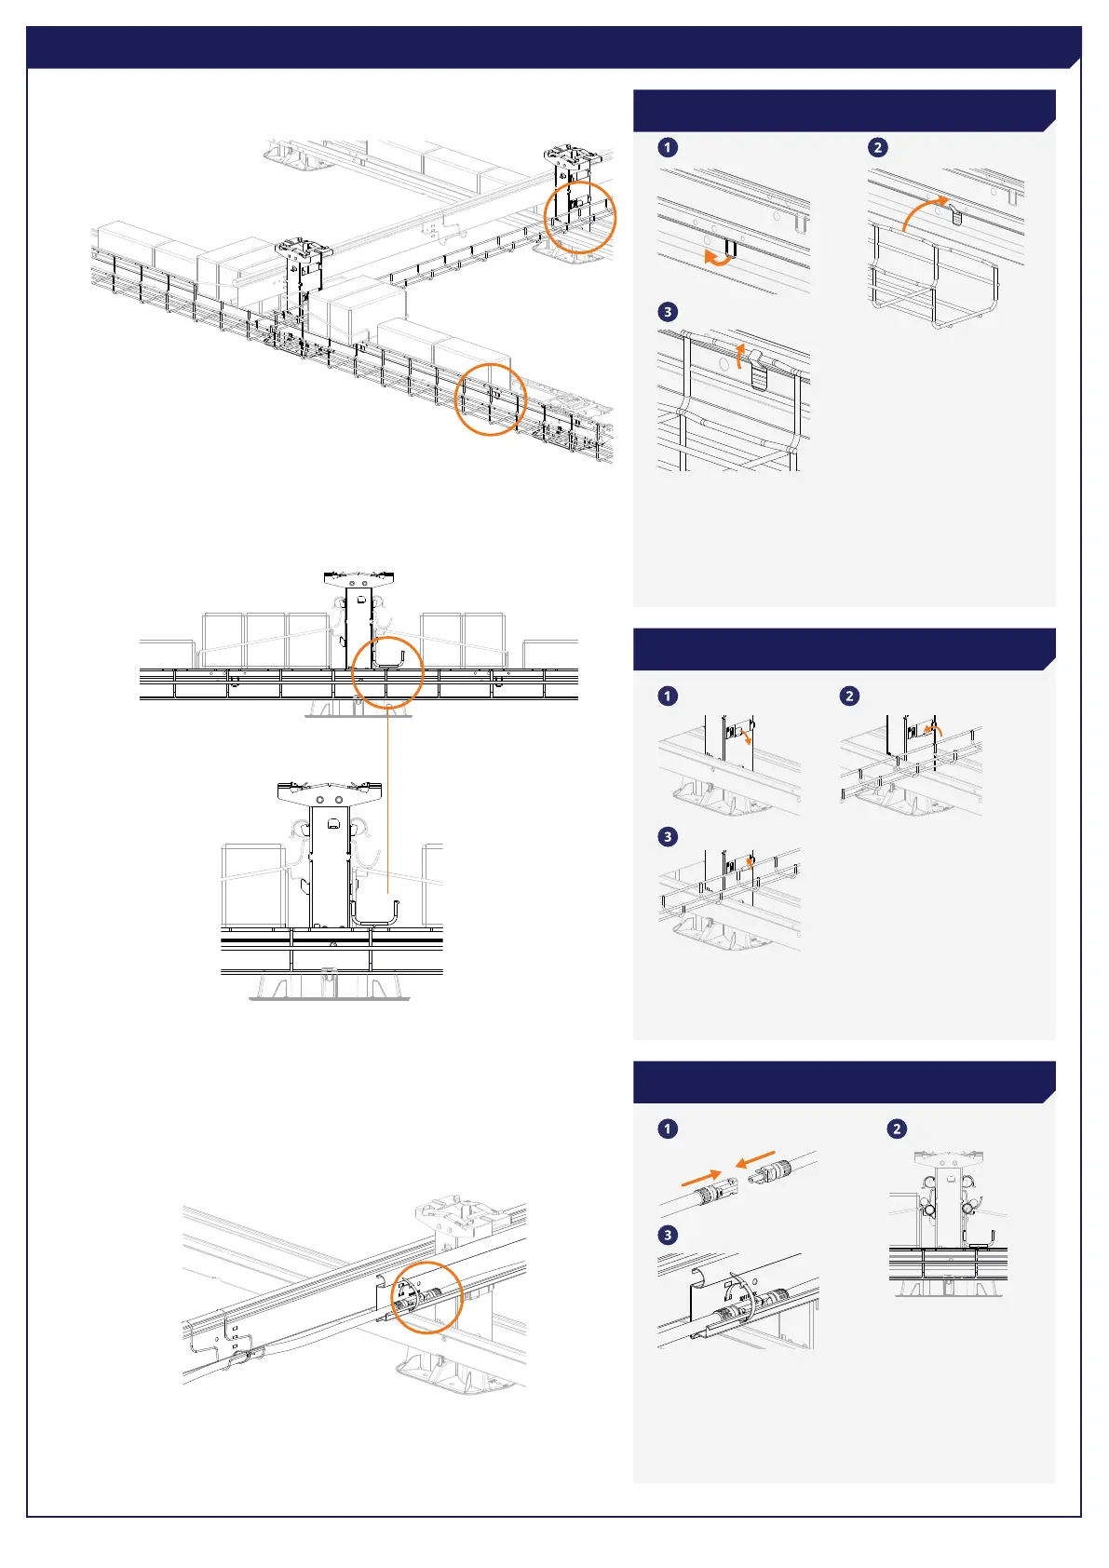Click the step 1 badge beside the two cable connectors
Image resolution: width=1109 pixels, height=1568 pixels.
tap(668, 1129)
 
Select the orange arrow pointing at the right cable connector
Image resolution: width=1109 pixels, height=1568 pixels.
tap(755, 1160)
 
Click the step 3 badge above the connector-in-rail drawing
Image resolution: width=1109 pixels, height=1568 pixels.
tap(668, 1235)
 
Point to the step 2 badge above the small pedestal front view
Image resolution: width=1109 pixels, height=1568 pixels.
tap(897, 1129)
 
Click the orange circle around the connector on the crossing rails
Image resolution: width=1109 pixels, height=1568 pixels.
tap(427, 1298)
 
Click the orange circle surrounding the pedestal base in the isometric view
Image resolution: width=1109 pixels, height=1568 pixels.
tap(580, 217)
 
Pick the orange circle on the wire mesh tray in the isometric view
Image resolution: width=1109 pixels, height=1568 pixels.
tap(491, 399)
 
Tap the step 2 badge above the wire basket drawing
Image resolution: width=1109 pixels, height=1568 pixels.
tap(877, 147)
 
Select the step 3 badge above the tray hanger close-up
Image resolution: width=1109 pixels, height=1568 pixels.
tap(668, 312)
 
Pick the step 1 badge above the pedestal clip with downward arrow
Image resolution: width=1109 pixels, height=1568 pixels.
tap(668, 696)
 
